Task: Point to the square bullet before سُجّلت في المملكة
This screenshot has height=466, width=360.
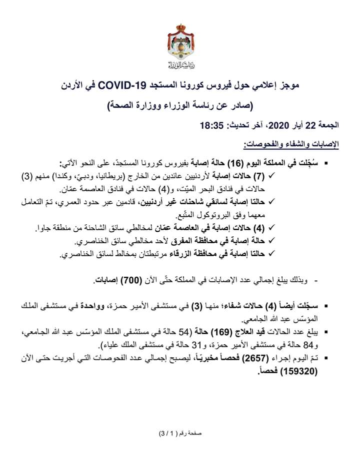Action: pos(326,164)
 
